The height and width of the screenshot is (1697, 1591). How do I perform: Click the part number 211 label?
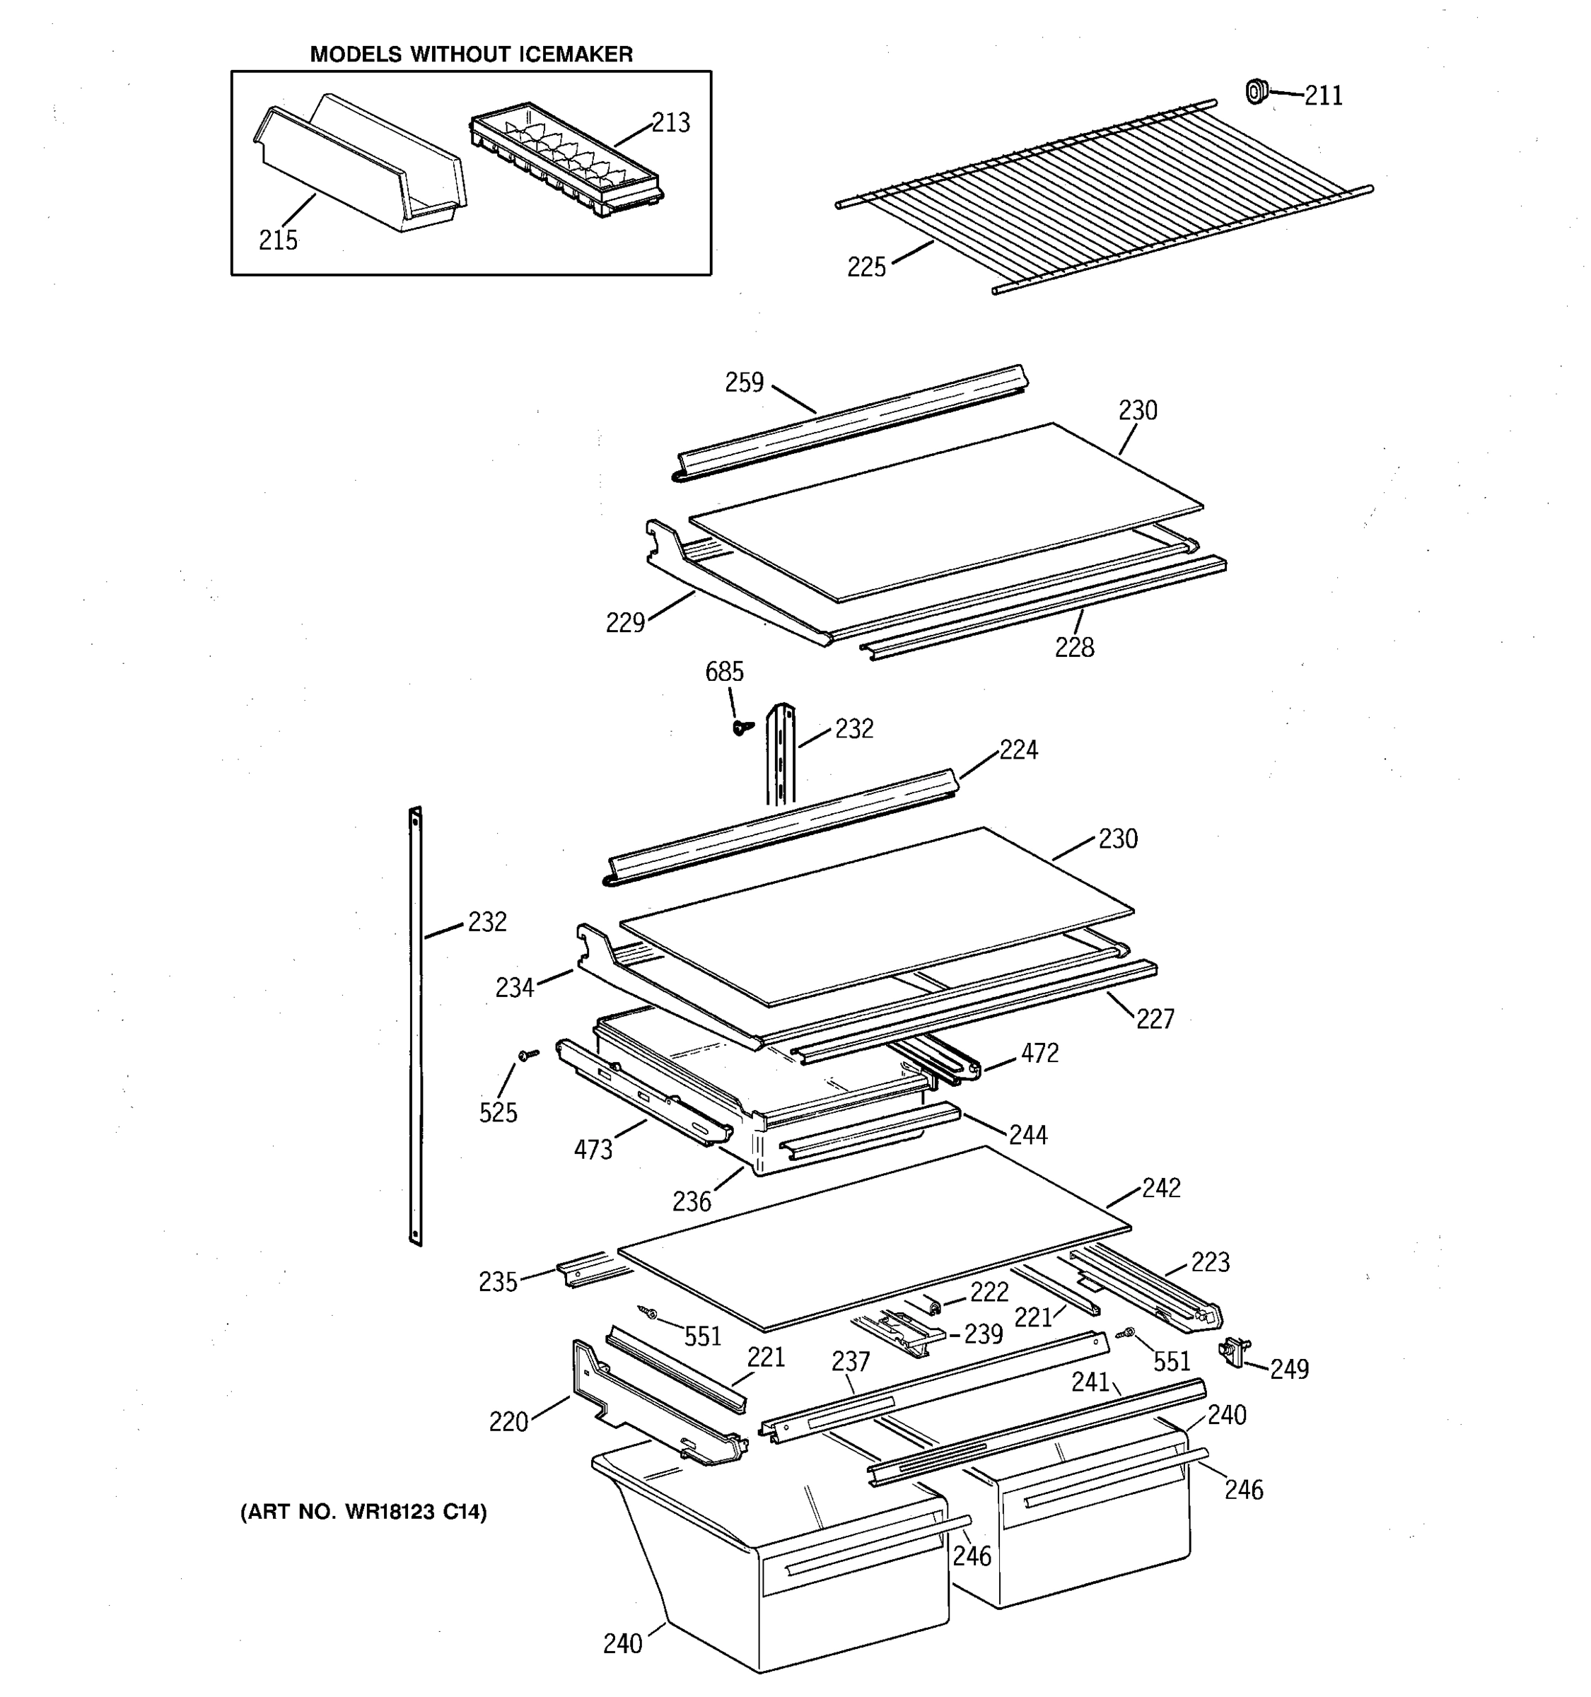click(x=1323, y=95)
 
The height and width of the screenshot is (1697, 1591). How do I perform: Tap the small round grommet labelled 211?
click(x=1256, y=91)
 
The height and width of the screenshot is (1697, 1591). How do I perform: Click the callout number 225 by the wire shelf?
click(x=866, y=267)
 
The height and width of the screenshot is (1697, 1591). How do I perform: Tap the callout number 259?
click(x=745, y=383)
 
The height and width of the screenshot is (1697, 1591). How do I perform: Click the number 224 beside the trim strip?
click(x=1018, y=750)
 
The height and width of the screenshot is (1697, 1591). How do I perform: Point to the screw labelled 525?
click(x=528, y=1056)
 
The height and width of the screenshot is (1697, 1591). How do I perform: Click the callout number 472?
click(x=1039, y=1054)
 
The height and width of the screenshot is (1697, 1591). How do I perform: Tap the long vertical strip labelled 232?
click(x=416, y=1025)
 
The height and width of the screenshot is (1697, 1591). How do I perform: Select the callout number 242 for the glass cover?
click(x=1161, y=1187)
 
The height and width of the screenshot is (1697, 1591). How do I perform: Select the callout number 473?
click(x=593, y=1150)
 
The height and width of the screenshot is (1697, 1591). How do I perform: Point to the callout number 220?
click(x=508, y=1422)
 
